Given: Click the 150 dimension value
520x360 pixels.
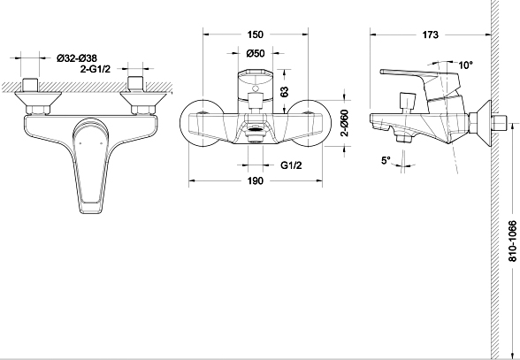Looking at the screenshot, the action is [x=256, y=34].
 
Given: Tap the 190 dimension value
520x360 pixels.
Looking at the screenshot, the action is [x=256, y=180].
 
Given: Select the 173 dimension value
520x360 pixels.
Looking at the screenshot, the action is [x=430, y=34].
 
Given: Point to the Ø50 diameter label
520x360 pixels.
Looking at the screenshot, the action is [x=256, y=53].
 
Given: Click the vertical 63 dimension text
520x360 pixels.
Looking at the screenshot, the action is [x=284, y=92].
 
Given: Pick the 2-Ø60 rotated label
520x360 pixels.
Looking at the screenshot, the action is [x=345, y=123].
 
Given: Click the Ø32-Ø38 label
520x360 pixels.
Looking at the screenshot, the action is [x=77, y=58].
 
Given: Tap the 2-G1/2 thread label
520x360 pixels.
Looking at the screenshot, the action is [x=96, y=69].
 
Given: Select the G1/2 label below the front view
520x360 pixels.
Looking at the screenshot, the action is [x=291, y=165].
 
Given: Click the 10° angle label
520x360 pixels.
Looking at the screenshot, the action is [x=465, y=65].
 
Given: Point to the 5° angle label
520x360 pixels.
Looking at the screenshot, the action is [x=386, y=161].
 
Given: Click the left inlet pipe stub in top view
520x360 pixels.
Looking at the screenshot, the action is [x=30, y=85].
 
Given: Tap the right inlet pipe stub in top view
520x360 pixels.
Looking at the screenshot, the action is [x=135, y=84].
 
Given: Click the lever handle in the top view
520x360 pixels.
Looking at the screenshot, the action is [x=90, y=165].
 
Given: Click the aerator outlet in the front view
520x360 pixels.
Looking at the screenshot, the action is [x=256, y=131].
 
